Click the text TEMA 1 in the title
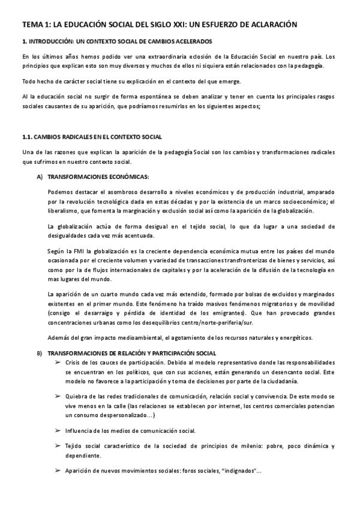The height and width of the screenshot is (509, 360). [35, 25]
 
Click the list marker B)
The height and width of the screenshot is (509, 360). [40, 352]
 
